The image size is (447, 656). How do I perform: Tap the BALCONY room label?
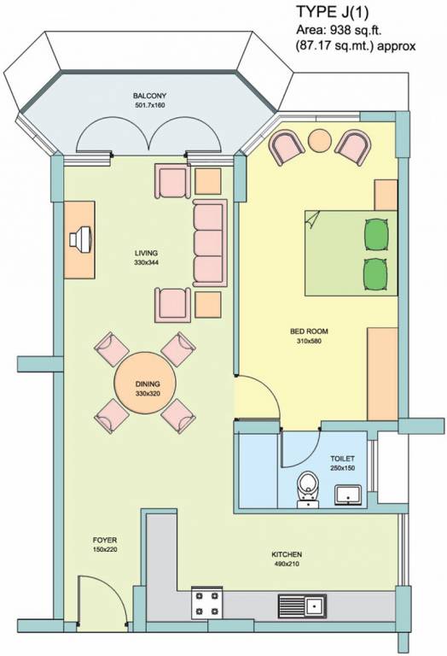148,95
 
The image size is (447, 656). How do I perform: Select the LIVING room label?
146,254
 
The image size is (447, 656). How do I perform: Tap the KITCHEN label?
288,554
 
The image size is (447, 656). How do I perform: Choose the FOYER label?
105,541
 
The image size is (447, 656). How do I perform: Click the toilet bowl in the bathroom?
306,489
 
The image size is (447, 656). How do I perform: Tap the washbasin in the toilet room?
349,493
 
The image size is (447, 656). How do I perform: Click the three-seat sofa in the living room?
208,243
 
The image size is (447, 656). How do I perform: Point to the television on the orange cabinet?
83,237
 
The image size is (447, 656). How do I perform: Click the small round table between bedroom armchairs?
320,139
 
